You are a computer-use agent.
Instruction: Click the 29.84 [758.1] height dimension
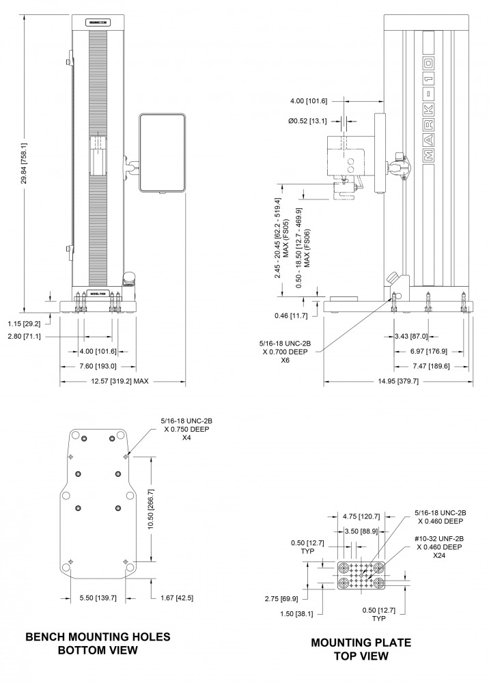(24, 163)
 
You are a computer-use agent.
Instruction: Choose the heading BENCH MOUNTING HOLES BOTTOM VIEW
(98, 643)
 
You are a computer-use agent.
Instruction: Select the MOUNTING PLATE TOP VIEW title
(361, 649)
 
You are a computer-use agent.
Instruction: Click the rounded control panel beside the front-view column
(162, 152)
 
